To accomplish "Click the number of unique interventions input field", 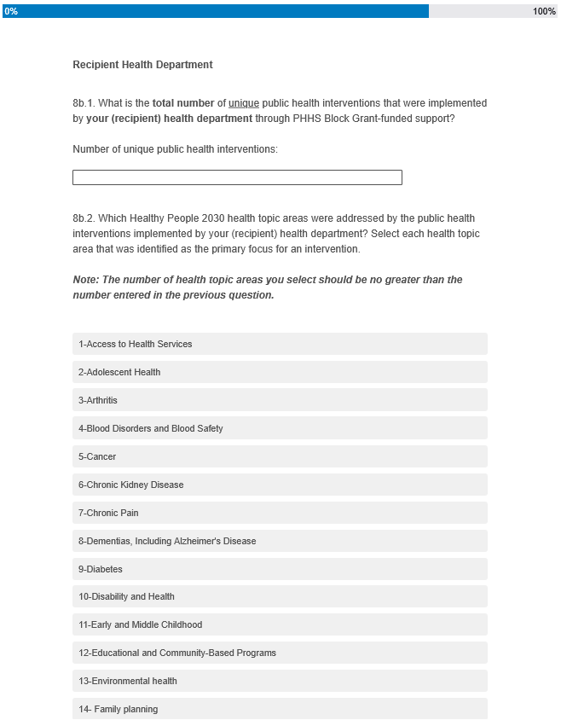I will coord(237,177).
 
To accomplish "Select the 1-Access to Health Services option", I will coord(280,344).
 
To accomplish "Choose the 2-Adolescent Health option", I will coord(280,372).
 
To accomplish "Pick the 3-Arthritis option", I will coord(280,400).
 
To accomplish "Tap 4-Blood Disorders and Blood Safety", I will coord(280,428).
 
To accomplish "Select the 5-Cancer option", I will coord(280,456).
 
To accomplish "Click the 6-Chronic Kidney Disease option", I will coord(280,485).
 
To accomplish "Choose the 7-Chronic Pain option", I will coord(280,513).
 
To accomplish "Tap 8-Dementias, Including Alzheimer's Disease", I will coord(280,541).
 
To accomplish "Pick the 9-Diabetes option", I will coord(280,569).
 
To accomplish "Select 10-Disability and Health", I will coord(280,596).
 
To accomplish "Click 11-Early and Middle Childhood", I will coord(280,624).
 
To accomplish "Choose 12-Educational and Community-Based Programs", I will coord(280,653).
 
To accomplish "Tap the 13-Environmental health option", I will coord(280,681).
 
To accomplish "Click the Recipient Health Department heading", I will coord(142,65).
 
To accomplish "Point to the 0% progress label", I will coord(11,11).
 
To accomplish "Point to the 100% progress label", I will coord(544,11).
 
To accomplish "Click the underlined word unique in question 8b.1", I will coord(244,103).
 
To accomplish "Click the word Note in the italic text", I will coord(84,280).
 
